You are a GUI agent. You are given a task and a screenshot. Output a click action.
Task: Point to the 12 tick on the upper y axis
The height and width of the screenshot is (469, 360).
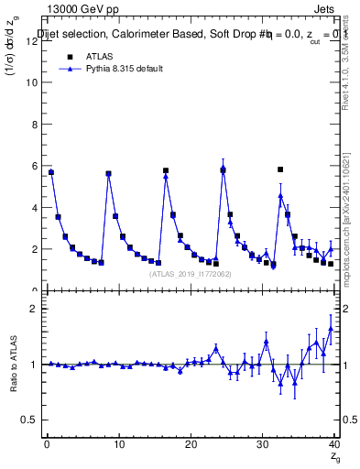[x=35, y=40]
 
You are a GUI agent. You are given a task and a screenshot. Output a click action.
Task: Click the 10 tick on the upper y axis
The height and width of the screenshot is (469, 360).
[x=35, y=82]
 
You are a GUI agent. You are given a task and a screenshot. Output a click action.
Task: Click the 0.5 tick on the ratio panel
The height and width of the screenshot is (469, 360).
[x=32, y=420]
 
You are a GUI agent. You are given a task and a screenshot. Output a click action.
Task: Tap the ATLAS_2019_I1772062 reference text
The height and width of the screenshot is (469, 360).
[x=190, y=274]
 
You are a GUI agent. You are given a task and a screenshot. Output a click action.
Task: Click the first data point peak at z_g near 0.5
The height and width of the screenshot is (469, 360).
[x=51, y=172]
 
